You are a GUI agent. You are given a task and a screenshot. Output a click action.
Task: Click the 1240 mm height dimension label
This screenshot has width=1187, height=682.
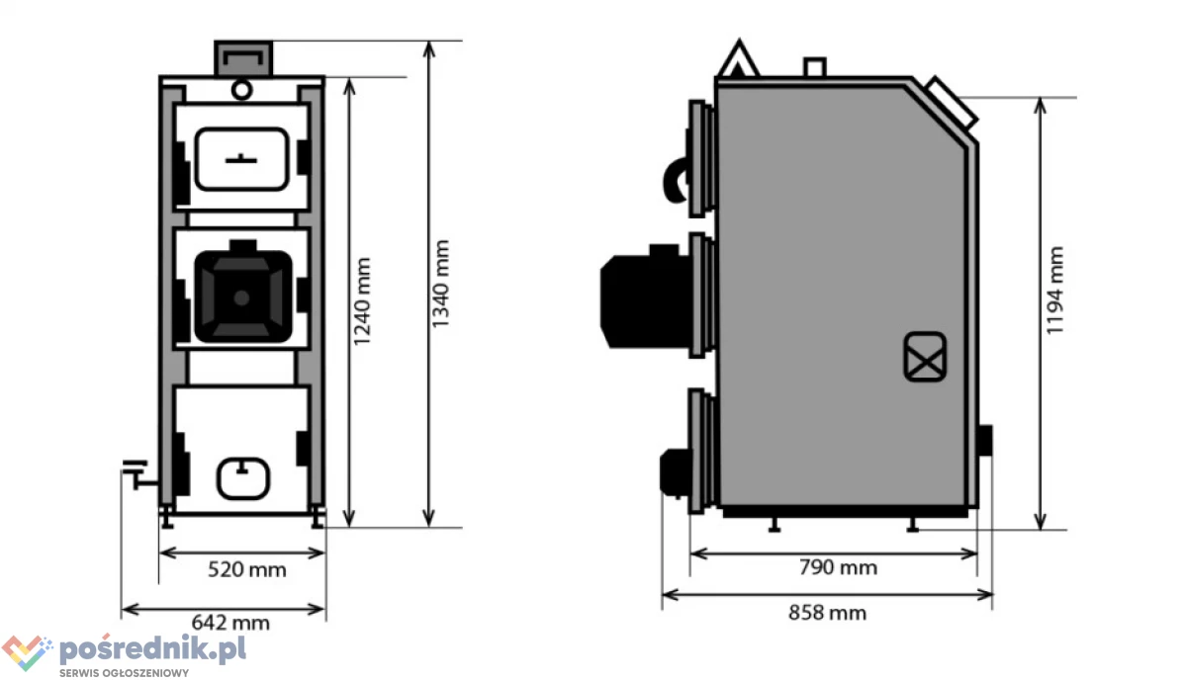pos(362,301)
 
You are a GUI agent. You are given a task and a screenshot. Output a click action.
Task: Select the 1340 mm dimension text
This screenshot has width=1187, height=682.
pos(440,284)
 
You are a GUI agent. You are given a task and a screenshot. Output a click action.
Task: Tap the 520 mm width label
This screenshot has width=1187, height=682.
pos(247,569)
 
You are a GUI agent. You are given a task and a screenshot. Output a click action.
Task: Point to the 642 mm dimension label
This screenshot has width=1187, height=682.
pos(230,623)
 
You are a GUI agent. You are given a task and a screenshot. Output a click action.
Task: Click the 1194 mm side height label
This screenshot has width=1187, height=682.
pos(1054,291)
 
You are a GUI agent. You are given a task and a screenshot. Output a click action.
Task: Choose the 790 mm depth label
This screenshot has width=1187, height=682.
pos(839,567)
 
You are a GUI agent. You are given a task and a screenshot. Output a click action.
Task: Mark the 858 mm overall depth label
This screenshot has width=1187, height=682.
pos(828,613)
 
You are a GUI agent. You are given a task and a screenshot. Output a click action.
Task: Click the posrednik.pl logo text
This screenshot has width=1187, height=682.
pos(152,648)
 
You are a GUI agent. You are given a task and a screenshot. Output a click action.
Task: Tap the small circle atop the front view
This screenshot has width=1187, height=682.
pos(241,90)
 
